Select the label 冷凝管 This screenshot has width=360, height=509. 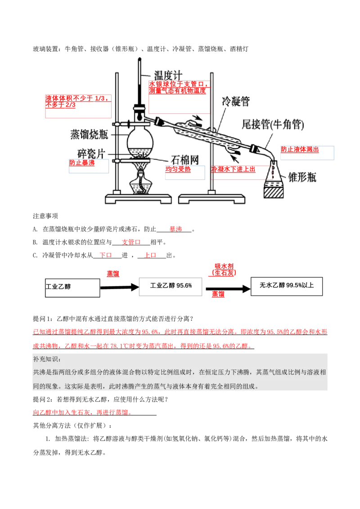[234, 102]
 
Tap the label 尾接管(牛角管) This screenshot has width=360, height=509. [273, 125]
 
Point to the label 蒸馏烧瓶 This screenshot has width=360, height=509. [89, 134]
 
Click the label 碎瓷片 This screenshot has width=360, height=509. [91, 153]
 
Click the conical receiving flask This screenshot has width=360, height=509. [273, 176]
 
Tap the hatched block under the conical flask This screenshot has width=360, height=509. [274, 192]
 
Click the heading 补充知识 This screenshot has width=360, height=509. [46, 359]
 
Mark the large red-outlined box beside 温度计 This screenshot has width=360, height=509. [179, 98]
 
